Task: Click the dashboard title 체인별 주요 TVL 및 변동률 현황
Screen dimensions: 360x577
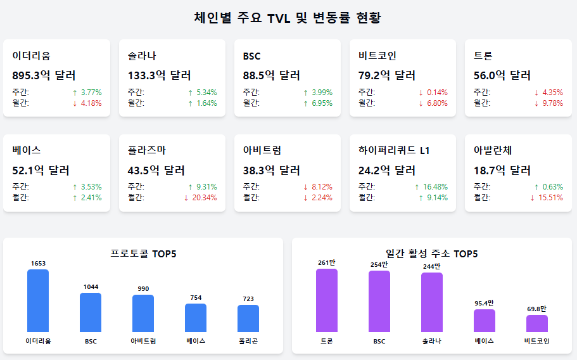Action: pyautogui.click(x=288, y=17)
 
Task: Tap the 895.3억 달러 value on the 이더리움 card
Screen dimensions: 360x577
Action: pyautogui.click(x=44, y=75)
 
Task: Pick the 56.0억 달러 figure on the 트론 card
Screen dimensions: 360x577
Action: pyautogui.click(x=502, y=75)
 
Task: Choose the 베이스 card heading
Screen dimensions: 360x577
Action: pyautogui.click(x=27, y=151)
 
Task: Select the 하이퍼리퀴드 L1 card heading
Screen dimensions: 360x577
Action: pyautogui.click(x=394, y=151)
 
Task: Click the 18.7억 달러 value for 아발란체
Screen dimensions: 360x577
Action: pyautogui.click(x=502, y=170)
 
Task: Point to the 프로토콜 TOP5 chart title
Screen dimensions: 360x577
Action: pyautogui.click(x=143, y=254)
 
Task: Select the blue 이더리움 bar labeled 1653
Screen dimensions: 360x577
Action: pyautogui.click(x=38, y=300)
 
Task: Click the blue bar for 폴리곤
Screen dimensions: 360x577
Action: pyautogui.click(x=248, y=318)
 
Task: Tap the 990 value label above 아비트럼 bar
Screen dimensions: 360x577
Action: pyautogui.click(x=143, y=289)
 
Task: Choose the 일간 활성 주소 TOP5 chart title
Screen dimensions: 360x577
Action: pyautogui.click(x=431, y=254)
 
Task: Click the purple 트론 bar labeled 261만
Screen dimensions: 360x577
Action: pyautogui.click(x=327, y=300)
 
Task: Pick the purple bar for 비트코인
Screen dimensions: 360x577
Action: pyautogui.click(x=537, y=323)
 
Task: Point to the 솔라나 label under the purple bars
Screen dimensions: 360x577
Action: pyautogui.click(x=431, y=341)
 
